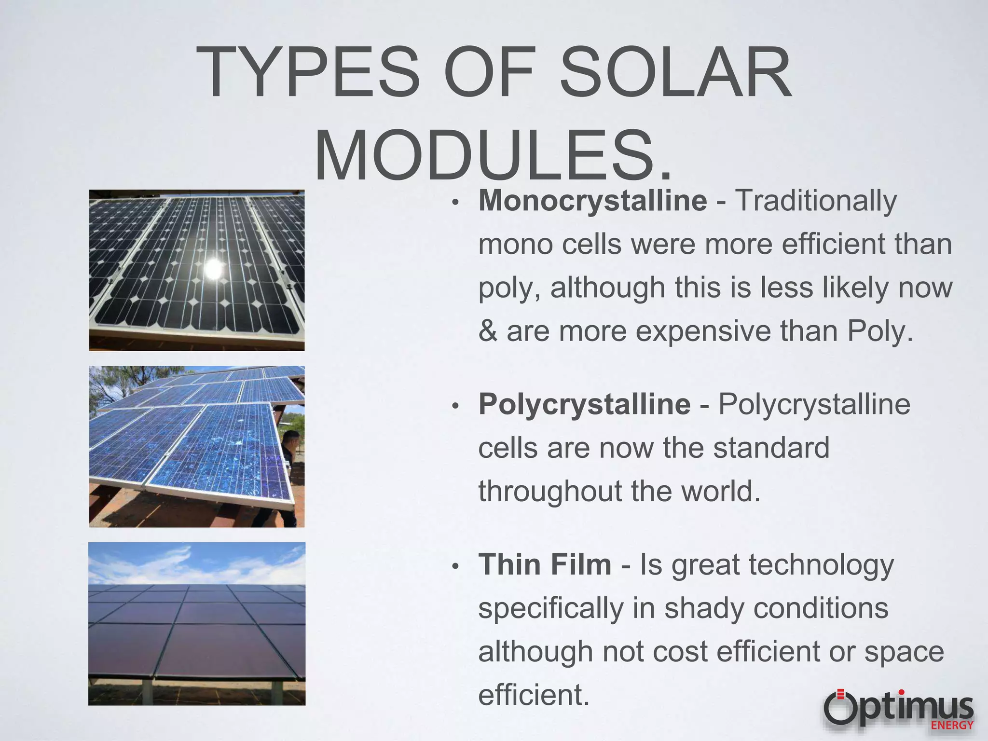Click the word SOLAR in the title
[x=675, y=72]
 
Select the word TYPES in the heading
[x=309, y=72]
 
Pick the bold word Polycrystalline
[x=584, y=404]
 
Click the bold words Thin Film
[x=545, y=564]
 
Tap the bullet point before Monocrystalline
[x=455, y=203]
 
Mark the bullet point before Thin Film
[x=455, y=567]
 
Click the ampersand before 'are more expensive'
[x=488, y=331]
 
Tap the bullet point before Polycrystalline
[x=455, y=407]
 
